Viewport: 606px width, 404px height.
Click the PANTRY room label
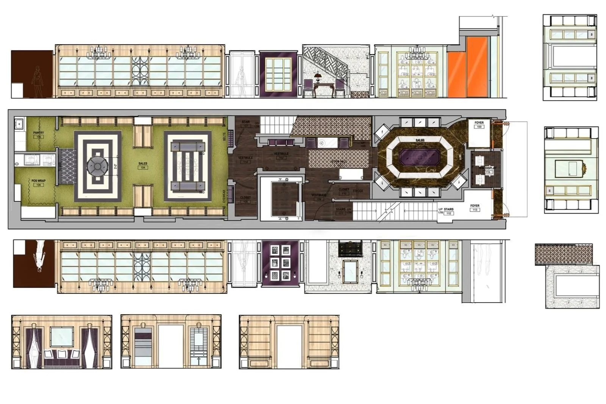pos(39,133)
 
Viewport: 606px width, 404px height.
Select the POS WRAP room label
pos(39,181)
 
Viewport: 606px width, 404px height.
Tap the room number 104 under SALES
pos(143,167)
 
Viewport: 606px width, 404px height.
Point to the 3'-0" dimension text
pos(116,165)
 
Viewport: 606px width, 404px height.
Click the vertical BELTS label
pos(224,137)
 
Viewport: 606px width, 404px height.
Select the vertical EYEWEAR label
pos(224,196)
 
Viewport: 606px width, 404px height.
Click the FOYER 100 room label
pos(479,123)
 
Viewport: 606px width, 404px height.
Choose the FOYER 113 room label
pos(475,206)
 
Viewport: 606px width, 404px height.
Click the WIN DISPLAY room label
pos(487,168)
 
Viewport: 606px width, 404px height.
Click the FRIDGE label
pos(358,191)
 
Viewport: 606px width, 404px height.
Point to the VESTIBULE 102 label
pos(281,154)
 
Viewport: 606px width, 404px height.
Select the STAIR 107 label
pos(246,122)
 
